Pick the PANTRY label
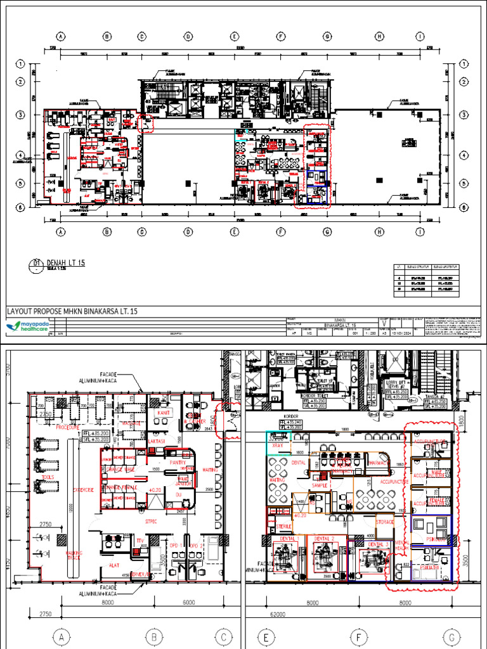pyautogui.click(x=177, y=463)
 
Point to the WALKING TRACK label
pyautogui.click(x=74, y=556)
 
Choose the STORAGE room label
pyautogui.click(x=385, y=522)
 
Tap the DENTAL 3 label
pyautogui.click(x=378, y=544)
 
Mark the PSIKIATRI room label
pyautogui.click(x=428, y=569)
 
